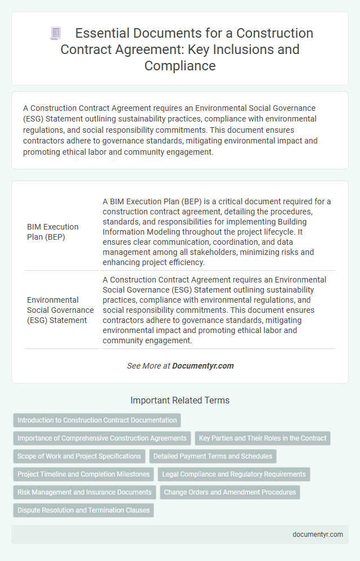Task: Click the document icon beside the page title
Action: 56,33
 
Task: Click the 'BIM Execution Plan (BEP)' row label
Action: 53,231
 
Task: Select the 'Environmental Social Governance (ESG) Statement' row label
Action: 60,309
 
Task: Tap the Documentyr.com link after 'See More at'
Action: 202,366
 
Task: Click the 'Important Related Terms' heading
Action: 179,401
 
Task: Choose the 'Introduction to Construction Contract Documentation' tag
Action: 96,420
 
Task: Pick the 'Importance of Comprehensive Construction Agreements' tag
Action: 102,438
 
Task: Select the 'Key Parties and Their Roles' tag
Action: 263,438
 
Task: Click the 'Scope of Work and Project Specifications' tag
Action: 79,456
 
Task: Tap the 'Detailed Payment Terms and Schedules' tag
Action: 213,456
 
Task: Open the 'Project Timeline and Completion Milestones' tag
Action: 83,474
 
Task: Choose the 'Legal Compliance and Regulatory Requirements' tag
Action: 234,474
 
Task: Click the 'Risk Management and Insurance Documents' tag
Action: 84,492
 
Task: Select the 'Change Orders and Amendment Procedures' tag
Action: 230,492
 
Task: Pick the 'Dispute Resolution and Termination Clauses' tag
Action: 83,510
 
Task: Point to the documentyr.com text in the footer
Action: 318,535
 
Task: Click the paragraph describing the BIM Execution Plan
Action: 217,231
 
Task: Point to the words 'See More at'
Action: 148,366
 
